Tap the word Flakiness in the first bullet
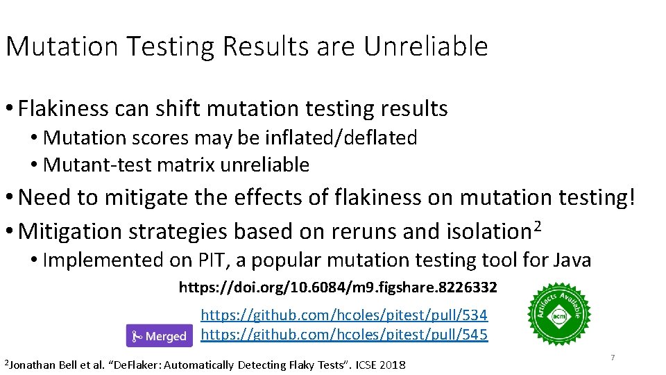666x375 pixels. [64, 108]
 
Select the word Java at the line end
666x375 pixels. [572, 260]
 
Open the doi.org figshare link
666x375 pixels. [338, 287]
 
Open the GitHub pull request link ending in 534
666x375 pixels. [344, 315]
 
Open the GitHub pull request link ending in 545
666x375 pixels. [344, 335]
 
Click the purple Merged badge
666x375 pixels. [160, 336]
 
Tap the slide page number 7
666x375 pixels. [613, 358]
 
